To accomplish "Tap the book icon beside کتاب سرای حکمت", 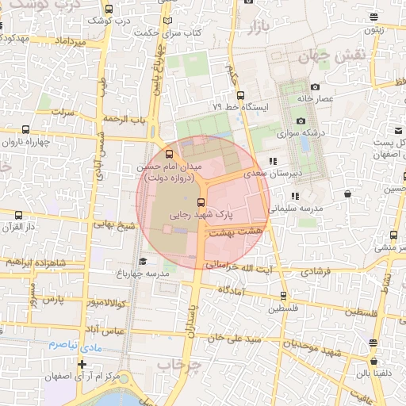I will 167,21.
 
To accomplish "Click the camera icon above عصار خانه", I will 316,87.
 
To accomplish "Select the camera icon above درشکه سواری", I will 301,121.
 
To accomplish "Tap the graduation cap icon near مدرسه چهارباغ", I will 143,262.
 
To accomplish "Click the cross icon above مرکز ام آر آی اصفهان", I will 81,363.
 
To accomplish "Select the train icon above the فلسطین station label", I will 283,296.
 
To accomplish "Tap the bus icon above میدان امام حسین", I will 169,154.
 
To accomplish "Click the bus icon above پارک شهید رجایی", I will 201,202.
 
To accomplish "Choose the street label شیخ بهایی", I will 116,225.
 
